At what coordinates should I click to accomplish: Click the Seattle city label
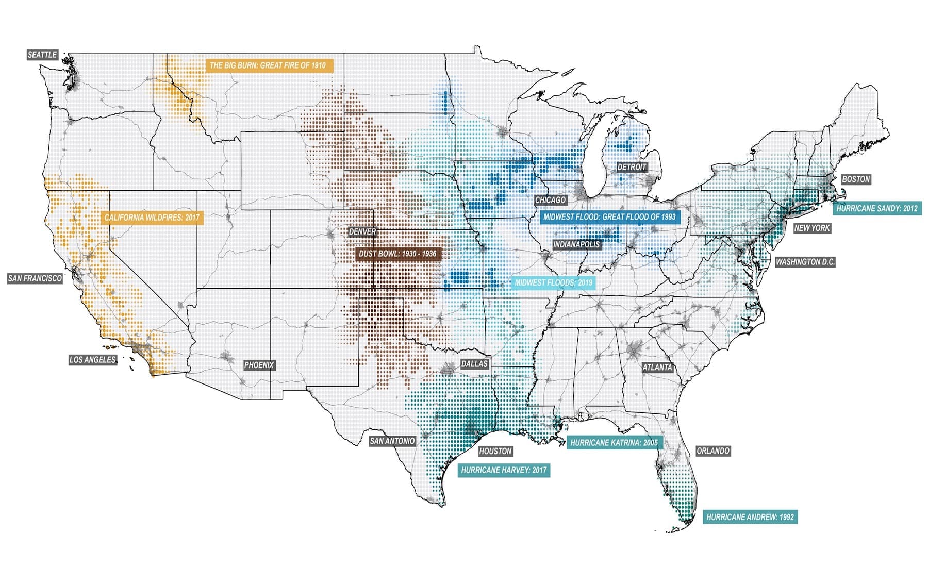pos(42,55)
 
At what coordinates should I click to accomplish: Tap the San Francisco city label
pos(35,278)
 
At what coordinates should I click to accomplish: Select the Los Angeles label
pos(93,360)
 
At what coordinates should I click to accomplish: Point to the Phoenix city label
pos(259,365)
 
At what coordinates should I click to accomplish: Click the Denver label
pos(363,232)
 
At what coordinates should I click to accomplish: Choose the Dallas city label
pos(474,364)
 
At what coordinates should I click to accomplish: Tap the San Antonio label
pos(392,441)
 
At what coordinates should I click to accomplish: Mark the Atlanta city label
pos(657,368)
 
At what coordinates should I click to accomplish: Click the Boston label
pos(856,179)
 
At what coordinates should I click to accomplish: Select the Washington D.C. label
pos(805,262)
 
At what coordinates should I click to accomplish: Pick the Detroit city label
pos(632,167)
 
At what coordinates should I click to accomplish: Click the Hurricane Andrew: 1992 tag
pos(750,517)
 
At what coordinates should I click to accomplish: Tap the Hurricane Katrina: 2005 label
pos(614,443)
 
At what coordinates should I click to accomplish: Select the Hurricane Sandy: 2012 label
pos(877,209)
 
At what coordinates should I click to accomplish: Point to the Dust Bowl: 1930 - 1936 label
pos(397,254)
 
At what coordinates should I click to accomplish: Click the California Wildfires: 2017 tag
pos(152,218)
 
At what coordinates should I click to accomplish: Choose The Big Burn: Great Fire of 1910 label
pos(268,65)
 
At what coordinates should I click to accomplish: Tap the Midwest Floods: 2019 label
pos(554,283)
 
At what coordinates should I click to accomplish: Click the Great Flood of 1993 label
pos(609,217)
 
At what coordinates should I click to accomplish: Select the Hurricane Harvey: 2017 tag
pos(504,470)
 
